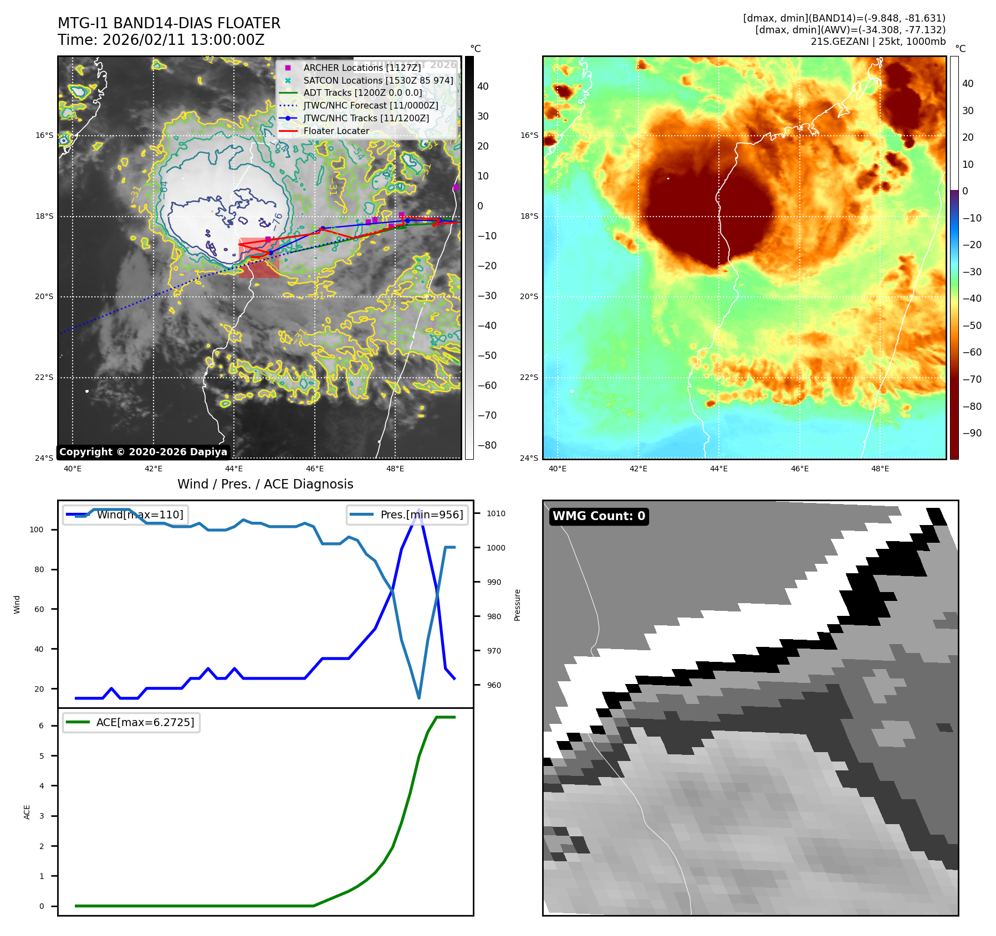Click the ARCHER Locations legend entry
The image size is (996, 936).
coord(362,68)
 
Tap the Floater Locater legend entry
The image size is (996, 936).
coord(336,131)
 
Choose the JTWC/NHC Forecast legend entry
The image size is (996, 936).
coord(371,105)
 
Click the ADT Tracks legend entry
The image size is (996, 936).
coord(362,92)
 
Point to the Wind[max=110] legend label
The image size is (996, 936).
coord(140,515)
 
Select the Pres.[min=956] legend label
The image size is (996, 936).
coord(421,515)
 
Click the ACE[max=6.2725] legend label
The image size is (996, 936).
coord(145,722)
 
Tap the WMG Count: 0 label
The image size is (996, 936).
coord(599,516)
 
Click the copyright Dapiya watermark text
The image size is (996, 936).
coord(143,452)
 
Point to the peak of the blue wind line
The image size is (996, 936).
coord(418,510)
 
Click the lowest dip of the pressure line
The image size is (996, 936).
coord(419,698)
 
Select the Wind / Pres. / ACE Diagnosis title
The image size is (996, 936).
coord(265,484)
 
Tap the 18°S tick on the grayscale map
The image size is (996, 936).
coord(45,216)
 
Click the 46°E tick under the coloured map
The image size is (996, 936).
coord(799,469)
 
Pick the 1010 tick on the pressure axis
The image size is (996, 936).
coord(496,513)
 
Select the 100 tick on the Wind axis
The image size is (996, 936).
coord(37,529)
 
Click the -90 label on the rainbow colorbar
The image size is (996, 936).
coord(972,433)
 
